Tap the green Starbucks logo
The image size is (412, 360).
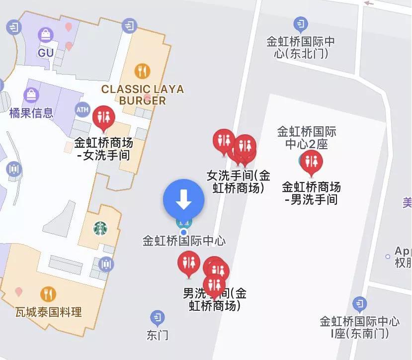(x=100, y=229)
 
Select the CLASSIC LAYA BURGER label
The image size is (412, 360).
(x=143, y=95)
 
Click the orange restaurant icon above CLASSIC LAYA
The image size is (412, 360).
(x=142, y=71)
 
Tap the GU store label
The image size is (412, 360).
(x=46, y=52)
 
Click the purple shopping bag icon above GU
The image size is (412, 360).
(x=46, y=35)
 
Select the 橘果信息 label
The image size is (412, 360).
(x=31, y=113)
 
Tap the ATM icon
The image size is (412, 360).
(x=82, y=109)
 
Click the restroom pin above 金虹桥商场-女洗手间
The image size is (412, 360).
(x=104, y=117)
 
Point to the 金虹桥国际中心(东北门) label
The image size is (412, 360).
(x=301, y=48)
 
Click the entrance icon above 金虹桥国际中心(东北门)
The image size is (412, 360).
(x=300, y=23)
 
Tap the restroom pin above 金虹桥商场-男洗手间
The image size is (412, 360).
(x=312, y=162)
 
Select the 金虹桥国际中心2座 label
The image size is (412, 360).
(x=307, y=138)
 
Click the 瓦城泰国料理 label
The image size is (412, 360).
(x=49, y=312)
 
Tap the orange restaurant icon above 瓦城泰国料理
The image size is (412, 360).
(x=48, y=294)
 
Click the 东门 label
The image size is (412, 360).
(x=158, y=335)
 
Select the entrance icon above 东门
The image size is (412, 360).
(x=158, y=317)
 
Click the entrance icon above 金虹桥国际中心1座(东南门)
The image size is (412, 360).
(x=359, y=303)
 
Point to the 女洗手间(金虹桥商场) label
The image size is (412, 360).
(x=239, y=182)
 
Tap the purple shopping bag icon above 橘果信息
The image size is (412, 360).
(x=31, y=94)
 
